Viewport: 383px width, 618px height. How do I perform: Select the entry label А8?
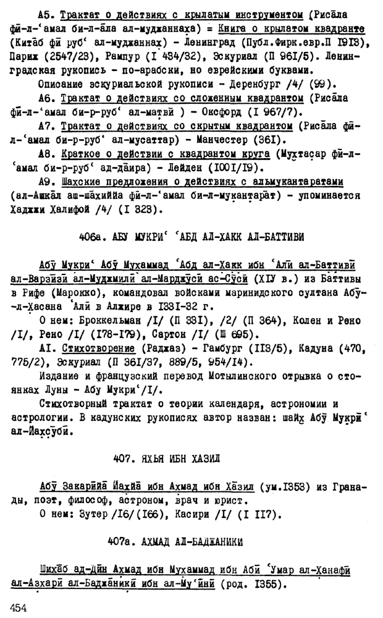46,153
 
